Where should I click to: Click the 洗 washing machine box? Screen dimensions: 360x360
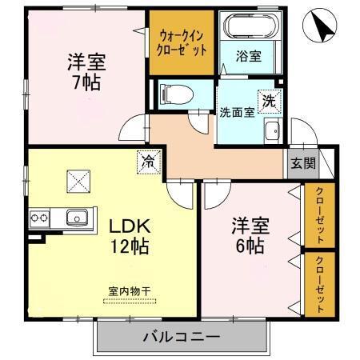pyautogui.click(x=271, y=102)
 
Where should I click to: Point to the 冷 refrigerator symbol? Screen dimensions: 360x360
pyautogui.click(x=150, y=161)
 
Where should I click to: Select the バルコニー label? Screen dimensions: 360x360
pyautogui.click(x=182, y=337)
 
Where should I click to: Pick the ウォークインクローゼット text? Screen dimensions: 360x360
pyautogui.click(x=182, y=42)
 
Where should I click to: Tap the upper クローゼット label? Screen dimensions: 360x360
pyautogui.click(x=319, y=216)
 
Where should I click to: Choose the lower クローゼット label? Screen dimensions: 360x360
pyautogui.click(x=319, y=285)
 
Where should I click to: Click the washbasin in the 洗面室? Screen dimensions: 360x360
pyautogui.click(x=272, y=131)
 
